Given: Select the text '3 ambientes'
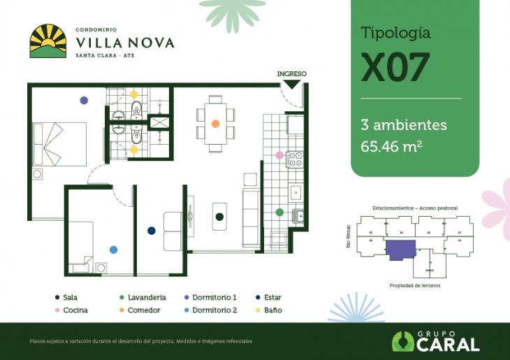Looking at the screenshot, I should coord(403,125).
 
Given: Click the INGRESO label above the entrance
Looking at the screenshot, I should coord(291,73).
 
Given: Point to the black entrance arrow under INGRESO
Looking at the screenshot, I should coord(291,84).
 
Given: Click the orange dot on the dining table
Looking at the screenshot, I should coord(216,124).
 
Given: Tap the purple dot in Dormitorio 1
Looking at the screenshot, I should coord(84,101).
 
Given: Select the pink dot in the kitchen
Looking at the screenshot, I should coord(279,155).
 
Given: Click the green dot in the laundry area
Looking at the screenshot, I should coord(279,212).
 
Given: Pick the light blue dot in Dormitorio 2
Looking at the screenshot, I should coord(113,249).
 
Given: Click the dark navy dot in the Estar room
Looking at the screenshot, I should coord(151,231).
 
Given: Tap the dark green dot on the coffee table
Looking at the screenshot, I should coord(219,217).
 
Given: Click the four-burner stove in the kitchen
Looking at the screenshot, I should coord(296,159).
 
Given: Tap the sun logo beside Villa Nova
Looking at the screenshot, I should coord(48,41).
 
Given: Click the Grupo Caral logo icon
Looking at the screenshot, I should coord(402,341).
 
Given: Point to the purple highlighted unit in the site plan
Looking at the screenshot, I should coord(401,248).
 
